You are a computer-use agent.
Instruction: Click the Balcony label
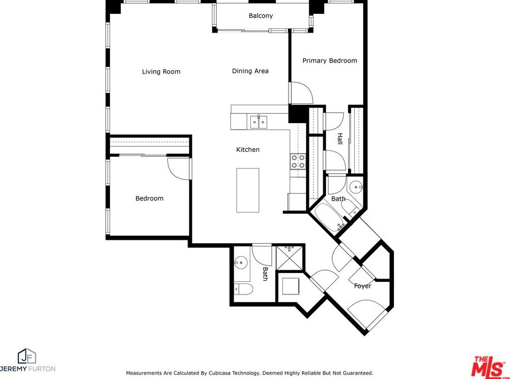click(261, 15)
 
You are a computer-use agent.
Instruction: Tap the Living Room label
click(161, 72)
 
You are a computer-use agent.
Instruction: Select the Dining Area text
click(250, 71)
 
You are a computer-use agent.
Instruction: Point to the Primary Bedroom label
click(329, 61)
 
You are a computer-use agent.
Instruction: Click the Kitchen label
click(248, 150)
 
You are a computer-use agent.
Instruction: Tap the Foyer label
click(362, 286)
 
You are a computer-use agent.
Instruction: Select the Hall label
click(340, 139)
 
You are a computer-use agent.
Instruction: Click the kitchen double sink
click(259, 122)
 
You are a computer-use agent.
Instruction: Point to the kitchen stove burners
click(298, 161)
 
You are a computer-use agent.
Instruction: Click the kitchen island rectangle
click(248, 190)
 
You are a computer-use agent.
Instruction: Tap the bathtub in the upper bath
click(329, 217)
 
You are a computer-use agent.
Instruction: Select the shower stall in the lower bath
click(290, 258)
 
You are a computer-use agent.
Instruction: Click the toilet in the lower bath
click(243, 289)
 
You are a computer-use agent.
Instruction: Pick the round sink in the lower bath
click(241, 262)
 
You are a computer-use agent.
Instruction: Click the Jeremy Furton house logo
click(27, 356)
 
